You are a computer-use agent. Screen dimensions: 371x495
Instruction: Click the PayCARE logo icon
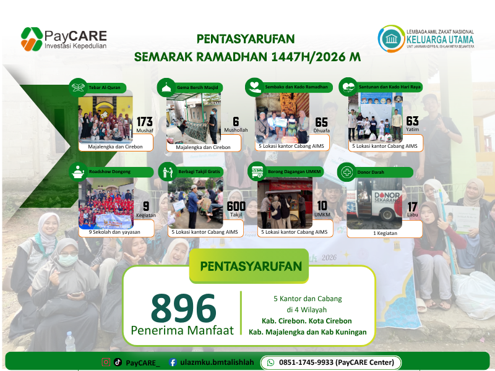coord(32,39)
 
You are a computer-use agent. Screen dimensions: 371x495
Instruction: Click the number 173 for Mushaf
coord(145,121)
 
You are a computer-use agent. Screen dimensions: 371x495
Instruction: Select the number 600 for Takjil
coord(236,207)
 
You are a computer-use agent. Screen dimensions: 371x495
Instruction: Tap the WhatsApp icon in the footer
coord(270,362)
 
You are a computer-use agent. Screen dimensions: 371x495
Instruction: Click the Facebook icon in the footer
coord(173,362)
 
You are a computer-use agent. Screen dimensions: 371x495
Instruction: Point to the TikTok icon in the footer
coord(118,362)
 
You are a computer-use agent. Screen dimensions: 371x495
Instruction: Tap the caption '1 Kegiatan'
coord(384,233)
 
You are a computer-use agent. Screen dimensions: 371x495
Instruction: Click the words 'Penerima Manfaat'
coord(183,330)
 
